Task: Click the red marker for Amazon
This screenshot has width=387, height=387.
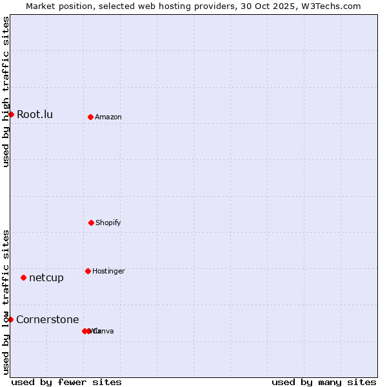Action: pyautogui.click(x=90, y=117)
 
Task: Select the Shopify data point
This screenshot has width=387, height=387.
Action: pyautogui.click(x=91, y=223)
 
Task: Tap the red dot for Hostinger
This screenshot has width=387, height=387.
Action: pyautogui.click(x=88, y=271)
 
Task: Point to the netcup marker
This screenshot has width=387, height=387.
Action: pyautogui.click(x=23, y=277)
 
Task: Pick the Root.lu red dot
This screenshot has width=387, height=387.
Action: pyautogui.click(x=11, y=114)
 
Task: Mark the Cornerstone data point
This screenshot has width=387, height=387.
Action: pyautogui.click(x=10, y=319)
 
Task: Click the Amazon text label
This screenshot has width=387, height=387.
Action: pyautogui.click(x=108, y=117)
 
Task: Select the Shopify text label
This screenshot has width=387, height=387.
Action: pyautogui.click(x=108, y=223)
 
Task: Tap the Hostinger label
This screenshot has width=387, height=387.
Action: pyautogui.click(x=108, y=271)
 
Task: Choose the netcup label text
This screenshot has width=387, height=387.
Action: pyautogui.click(x=46, y=277)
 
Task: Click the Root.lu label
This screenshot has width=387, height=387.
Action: pyautogui.click(x=35, y=114)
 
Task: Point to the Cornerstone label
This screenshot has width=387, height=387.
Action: pyautogui.click(x=48, y=319)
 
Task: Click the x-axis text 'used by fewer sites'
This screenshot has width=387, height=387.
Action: pyautogui.click(x=66, y=382)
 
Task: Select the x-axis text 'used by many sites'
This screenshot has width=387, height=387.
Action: pyautogui.click(x=324, y=382)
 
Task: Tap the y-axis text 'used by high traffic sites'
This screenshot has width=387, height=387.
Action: pyautogui.click(x=6, y=92)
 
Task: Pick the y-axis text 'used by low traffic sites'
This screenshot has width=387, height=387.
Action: pyautogui.click(x=6, y=302)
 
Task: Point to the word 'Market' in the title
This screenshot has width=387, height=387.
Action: pyautogui.click(x=41, y=6)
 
